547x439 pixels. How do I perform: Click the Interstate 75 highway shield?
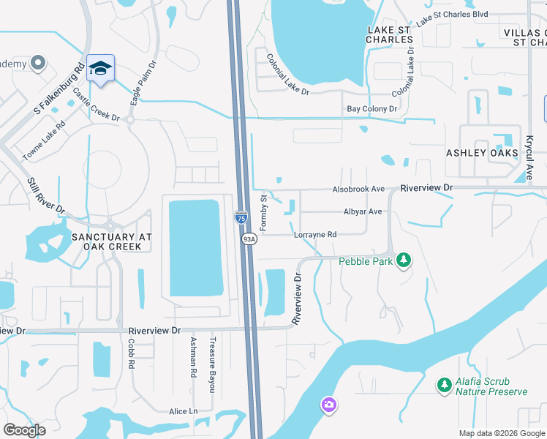click(241, 217)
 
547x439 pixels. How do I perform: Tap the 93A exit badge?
click(249, 239)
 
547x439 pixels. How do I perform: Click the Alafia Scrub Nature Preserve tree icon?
click(443, 384)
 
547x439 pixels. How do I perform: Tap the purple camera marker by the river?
click(328, 404)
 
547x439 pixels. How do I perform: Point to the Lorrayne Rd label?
click(314, 235)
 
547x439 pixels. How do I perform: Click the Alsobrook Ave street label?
click(358, 189)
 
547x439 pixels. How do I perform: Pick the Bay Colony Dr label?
click(371, 109)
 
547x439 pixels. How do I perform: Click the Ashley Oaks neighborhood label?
click(482, 152)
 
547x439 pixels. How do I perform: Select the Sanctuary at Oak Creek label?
click(112, 242)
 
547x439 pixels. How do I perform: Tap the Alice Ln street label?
click(183, 412)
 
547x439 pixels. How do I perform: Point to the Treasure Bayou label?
click(212, 364)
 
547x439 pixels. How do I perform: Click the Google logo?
click(24, 430)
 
